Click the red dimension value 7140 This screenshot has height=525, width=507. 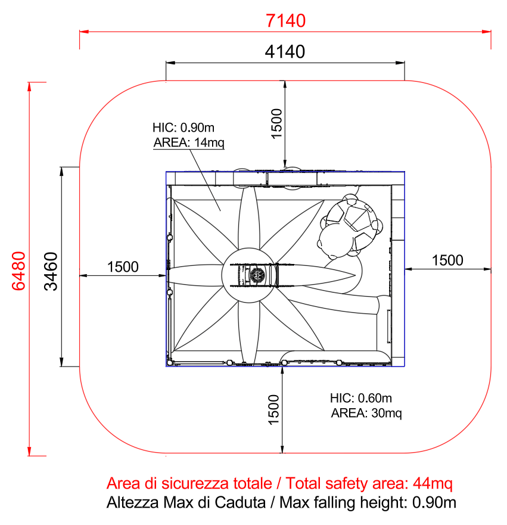285,20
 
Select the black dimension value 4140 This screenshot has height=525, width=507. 285,52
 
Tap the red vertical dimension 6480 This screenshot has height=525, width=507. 18,271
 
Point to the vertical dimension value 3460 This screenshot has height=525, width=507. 51,271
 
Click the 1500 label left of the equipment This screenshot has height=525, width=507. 123,267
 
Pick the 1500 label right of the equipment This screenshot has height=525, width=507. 447,260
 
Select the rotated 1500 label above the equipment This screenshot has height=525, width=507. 277,123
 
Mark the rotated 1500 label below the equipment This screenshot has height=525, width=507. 273,410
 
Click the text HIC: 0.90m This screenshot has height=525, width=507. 183,128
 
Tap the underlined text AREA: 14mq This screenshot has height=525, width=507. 189,142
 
